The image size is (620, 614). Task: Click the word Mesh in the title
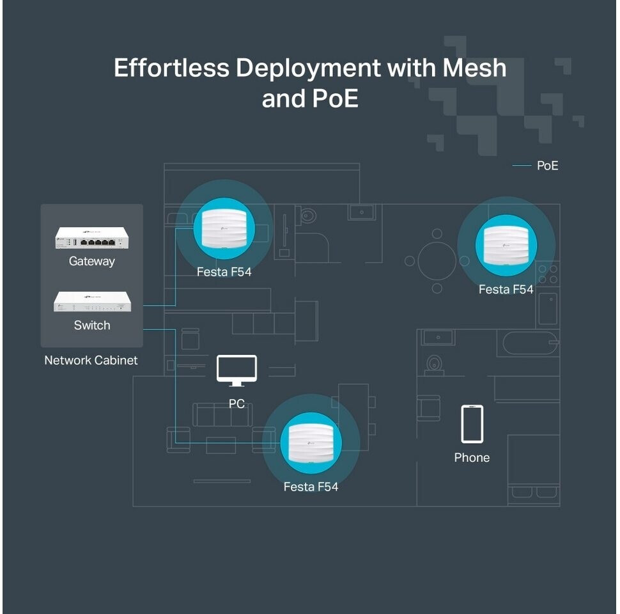pyautogui.click(x=474, y=68)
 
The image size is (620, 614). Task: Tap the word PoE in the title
pyautogui.click(x=336, y=98)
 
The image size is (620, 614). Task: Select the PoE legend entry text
pyautogui.click(x=548, y=166)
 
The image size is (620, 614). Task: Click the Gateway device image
pyautogui.click(x=92, y=237)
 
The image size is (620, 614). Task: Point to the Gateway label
pyautogui.click(x=92, y=262)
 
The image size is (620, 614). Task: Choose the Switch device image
pyautogui.click(x=92, y=301)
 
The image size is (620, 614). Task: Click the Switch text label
pyautogui.click(x=92, y=325)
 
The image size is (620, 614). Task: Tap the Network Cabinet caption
pyautogui.click(x=91, y=361)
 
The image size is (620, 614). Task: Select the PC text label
pyautogui.click(x=236, y=404)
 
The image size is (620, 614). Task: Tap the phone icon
pyautogui.click(x=472, y=423)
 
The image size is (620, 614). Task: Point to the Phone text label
pyautogui.click(x=472, y=458)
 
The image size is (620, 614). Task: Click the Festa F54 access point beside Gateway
pyautogui.click(x=224, y=229)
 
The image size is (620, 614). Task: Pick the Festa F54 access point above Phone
pyautogui.click(x=506, y=246)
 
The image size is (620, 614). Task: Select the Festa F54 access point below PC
pyautogui.click(x=311, y=443)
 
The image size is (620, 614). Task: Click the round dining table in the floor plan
pyautogui.click(x=437, y=261)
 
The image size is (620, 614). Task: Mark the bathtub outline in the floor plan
pyautogui.click(x=531, y=343)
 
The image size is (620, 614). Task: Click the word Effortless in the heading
pyautogui.click(x=171, y=68)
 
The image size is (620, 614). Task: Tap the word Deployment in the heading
pyautogui.click(x=308, y=68)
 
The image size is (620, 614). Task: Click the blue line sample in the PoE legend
pyautogui.click(x=522, y=166)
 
